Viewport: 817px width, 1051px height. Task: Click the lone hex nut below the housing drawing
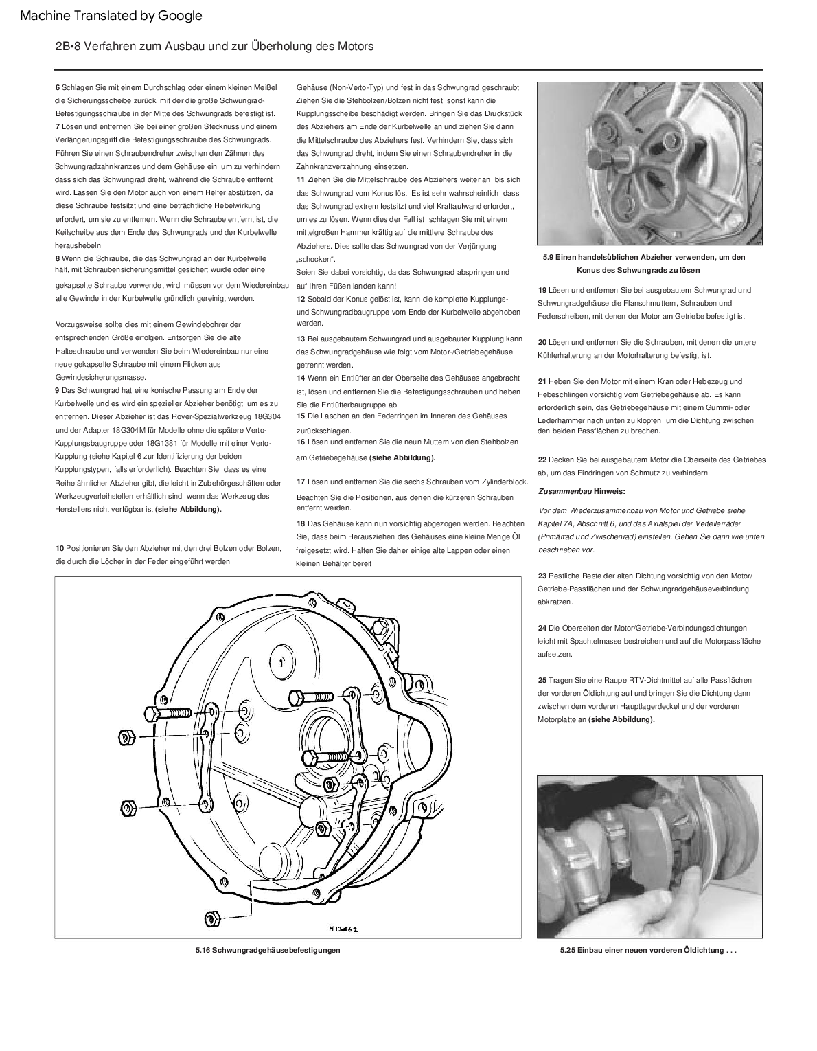click(212, 918)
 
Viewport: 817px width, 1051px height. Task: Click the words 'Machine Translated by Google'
click(111, 16)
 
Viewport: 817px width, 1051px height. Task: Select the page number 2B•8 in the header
click(69, 47)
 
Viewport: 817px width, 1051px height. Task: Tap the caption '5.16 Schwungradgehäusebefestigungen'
click(268, 950)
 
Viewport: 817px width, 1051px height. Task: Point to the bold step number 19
click(542, 290)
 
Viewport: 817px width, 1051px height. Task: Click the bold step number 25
click(542, 680)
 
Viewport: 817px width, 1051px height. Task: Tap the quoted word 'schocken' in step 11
click(315, 259)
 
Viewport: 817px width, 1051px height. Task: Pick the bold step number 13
click(301, 339)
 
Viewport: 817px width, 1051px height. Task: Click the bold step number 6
click(57, 87)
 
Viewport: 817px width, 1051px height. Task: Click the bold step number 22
click(542, 460)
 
